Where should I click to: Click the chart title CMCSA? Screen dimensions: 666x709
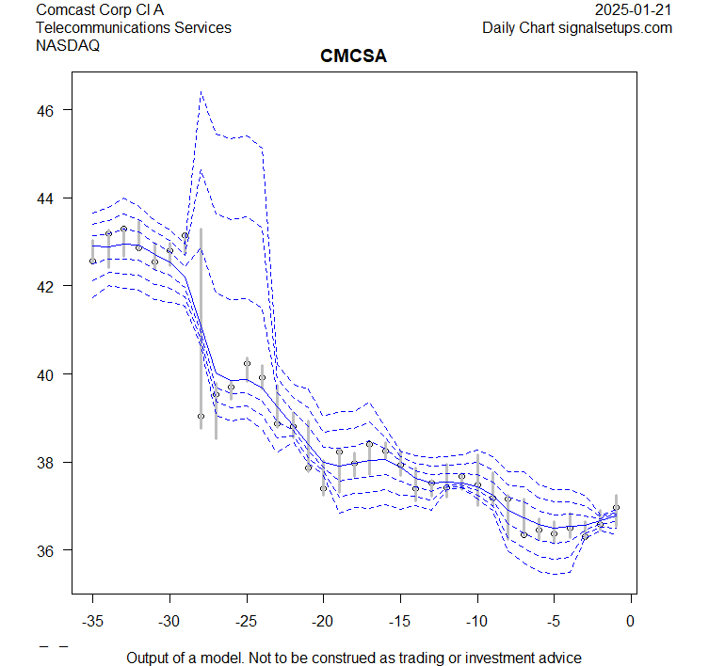pos(354,57)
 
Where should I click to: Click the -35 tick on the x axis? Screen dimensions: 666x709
pos(92,620)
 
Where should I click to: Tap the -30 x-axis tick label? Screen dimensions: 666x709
pos(169,620)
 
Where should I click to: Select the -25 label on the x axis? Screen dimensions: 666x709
pos(247,620)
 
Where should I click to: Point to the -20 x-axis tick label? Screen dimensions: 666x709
pos(323,620)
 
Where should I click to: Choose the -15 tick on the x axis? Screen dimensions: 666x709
pos(400,620)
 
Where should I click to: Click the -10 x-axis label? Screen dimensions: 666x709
pos(477,620)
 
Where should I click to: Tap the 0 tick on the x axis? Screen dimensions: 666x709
pos(631,620)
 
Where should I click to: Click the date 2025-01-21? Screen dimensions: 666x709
pos(635,10)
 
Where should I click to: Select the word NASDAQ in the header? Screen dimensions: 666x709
pos(68,45)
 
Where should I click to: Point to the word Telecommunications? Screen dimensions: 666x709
pos(103,28)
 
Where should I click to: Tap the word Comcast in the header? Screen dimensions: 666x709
pos(65,10)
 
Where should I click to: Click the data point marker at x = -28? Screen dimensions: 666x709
pos(201,416)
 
